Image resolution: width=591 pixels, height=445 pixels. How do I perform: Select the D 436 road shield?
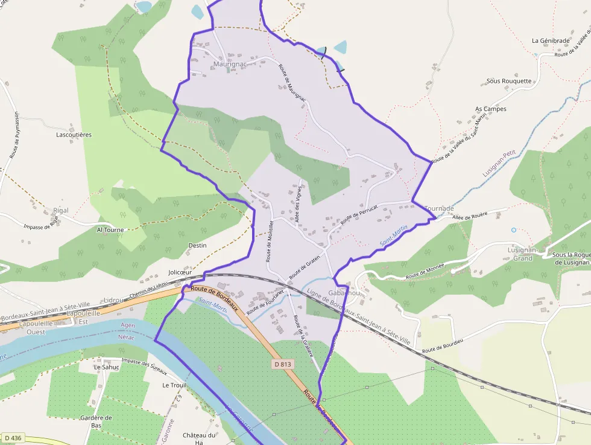coord(12,438)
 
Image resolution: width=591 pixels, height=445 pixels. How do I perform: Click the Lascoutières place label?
coord(74,135)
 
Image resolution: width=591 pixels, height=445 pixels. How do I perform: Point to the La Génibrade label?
coord(550,41)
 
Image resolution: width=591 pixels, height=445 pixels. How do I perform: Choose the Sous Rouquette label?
coord(509,81)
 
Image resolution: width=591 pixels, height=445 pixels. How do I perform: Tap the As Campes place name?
coord(491,109)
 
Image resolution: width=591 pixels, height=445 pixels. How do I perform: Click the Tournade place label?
coord(439,208)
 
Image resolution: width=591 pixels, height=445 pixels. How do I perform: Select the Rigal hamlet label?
coord(61,211)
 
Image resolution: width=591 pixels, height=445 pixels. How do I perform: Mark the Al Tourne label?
coord(110,230)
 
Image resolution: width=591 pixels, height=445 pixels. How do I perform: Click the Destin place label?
coord(197,245)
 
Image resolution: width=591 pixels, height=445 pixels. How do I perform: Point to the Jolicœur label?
coord(180,272)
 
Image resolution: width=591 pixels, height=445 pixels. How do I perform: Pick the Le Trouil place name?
coord(174,385)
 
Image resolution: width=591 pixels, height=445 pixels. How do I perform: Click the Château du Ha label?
coord(200,439)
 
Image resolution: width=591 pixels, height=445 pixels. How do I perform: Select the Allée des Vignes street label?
coord(298,203)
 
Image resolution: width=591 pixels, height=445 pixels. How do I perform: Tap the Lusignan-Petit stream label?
coord(500,164)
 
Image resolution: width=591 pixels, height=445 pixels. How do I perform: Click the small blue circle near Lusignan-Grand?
coord(513,230)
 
